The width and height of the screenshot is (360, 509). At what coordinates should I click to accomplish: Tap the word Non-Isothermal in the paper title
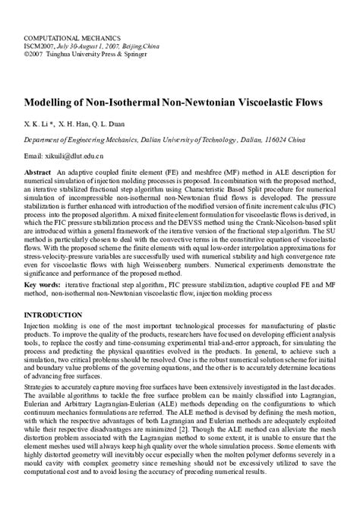[132, 101]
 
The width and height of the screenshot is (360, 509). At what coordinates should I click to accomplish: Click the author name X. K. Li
[37, 122]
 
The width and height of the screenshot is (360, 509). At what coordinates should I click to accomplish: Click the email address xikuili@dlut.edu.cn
[80, 156]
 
